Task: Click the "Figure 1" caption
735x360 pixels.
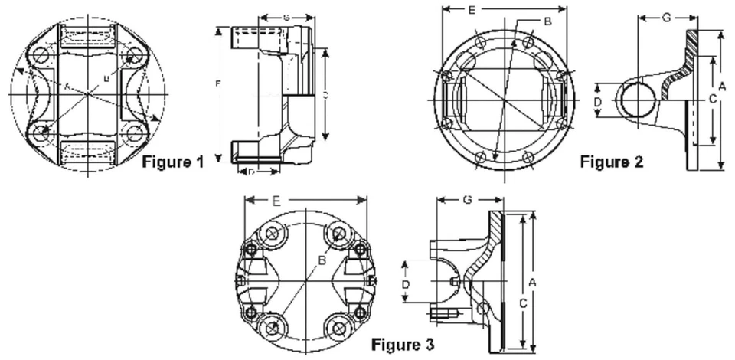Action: pos(174,162)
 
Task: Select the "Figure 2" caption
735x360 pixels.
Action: pos(611,162)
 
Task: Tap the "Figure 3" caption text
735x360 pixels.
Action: pos(403,344)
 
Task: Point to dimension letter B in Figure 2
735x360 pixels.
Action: pos(547,22)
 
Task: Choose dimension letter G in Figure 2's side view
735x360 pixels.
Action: pos(666,17)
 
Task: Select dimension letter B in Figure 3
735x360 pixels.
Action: pos(322,262)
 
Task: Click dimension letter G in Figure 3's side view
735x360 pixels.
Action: pos(467,200)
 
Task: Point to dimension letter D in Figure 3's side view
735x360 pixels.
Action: pos(407,283)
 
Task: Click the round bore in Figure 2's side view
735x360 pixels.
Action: pos(637,102)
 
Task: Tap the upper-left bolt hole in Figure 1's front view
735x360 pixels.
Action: pos(42,56)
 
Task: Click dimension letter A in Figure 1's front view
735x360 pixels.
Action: pos(68,87)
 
